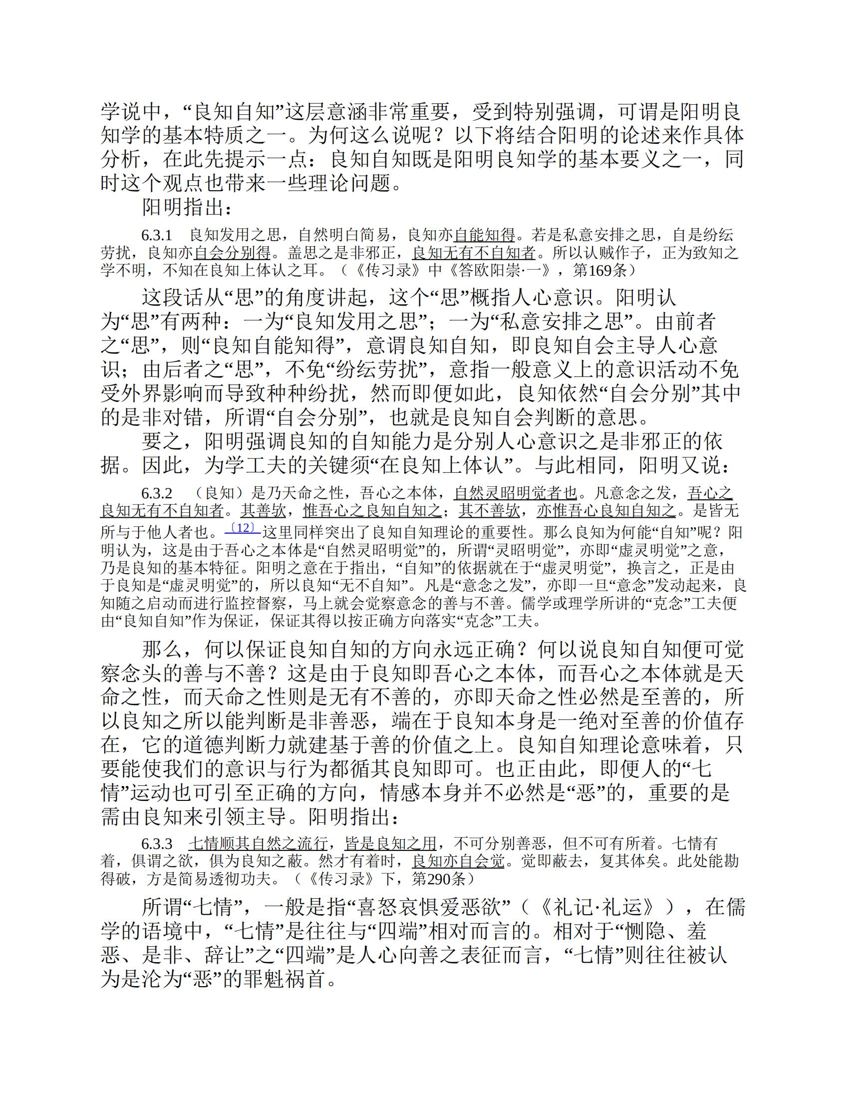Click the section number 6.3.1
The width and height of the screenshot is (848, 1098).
pos(156,235)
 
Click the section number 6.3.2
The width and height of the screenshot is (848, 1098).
pos(156,493)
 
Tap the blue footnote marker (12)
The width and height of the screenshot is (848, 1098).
pos(243,527)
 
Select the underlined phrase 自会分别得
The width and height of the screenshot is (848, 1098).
pos(232,252)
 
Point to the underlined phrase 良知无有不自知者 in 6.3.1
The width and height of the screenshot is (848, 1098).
pos(474,252)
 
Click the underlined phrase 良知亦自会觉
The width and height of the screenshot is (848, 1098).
pos(458,861)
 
